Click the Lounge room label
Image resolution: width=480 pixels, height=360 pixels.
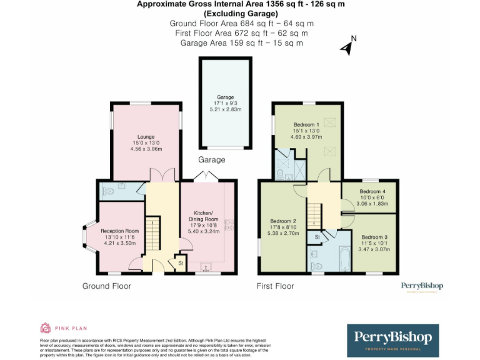click(146, 137)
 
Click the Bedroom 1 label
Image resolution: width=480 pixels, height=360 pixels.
click(306, 125)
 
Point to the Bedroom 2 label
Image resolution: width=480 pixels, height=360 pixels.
click(283, 221)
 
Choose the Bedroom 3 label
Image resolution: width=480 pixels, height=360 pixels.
click(374, 237)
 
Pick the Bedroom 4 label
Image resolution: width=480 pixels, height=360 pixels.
click(372, 191)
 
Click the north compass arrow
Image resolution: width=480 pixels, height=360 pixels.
click(346, 46)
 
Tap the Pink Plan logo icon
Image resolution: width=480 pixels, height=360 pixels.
click(45, 327)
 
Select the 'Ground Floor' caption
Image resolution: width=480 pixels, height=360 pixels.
click(107, 286)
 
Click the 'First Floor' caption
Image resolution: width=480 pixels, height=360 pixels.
click(276, 286)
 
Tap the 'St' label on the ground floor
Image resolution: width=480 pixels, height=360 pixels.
click(180, 263)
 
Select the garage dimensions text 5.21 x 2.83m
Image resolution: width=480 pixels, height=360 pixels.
click(225, 109)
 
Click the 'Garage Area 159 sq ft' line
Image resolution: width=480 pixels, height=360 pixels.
click(241, 43)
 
